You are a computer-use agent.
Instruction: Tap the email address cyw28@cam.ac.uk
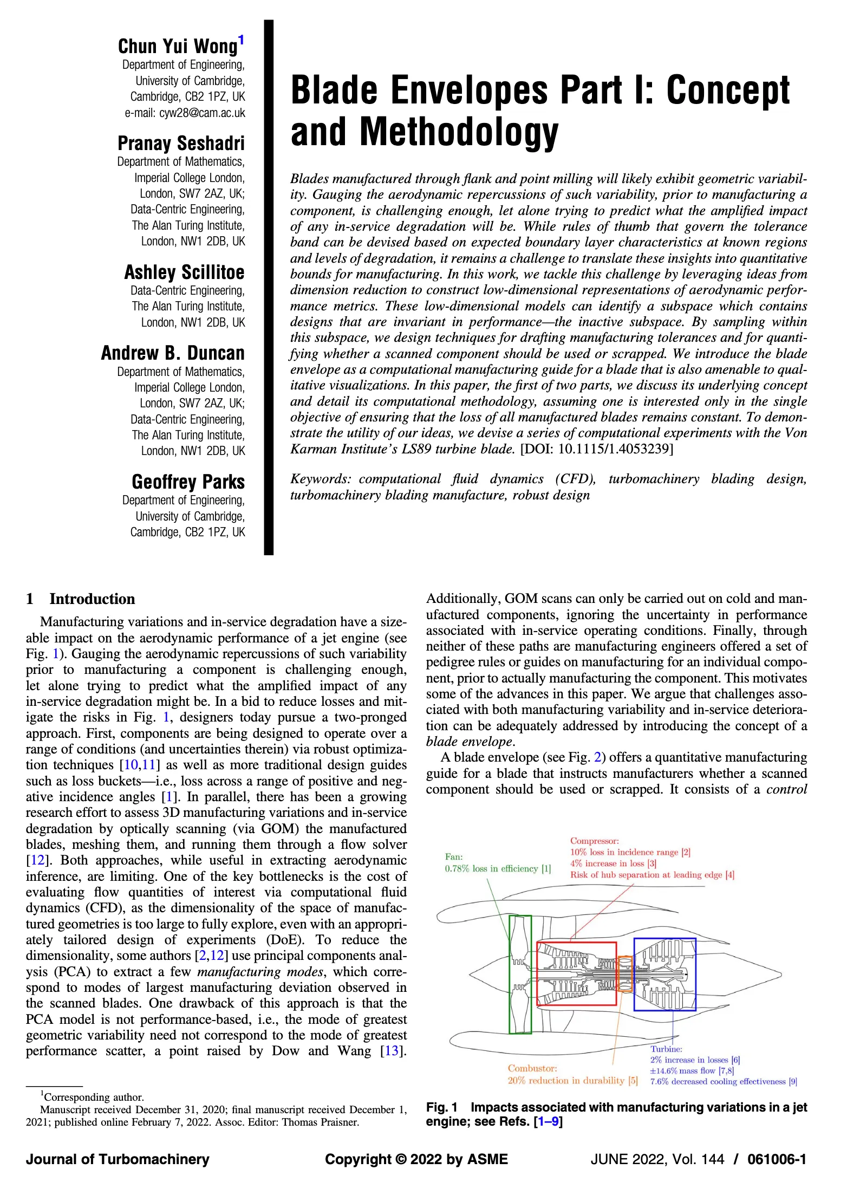pyautogui.click(x=184, y=113)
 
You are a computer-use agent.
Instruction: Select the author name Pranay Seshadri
pyautogui.click(x=181, y=144)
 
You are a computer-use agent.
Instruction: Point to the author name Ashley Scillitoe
pyautogui.click(x=184, y=272)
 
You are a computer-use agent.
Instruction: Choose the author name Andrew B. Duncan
pyautogui.click(x=172, y=353)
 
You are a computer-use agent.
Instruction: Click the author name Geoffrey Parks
pyautogui.click(x=188, y=482)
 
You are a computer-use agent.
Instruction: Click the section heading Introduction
pyautogui.click(x=92, y=599)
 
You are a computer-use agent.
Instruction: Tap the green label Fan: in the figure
pyautogui.click(x=454, y=857)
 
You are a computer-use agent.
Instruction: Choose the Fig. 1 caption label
pyautogui.click(x=442, y=1108)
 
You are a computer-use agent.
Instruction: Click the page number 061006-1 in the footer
pyautogui.click(x=777, y=1159)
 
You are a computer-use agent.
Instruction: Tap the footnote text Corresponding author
pyautogui.click(x=94, y=1097)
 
